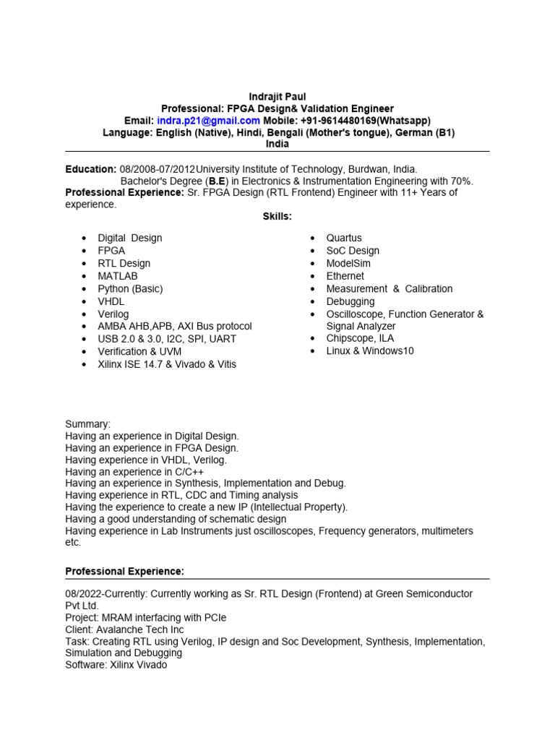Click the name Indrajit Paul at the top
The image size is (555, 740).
pyautogui.click(x=277, y=96)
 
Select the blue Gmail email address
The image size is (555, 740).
pyautogui.click(x=208, y=121)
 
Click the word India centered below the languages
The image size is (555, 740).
pyautogui.click(x=277, y=144)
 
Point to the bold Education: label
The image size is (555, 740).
pyautogui.click(x=91, y=168)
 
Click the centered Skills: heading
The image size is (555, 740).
pyautogui.click(x=277, y=216)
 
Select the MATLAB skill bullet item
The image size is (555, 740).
pyautogui.click(x=118, y=276)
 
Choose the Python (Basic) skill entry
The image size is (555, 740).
pyautogui.click(x=130, y=288)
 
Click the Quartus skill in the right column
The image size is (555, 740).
pyautogui.click(x=344, y=238)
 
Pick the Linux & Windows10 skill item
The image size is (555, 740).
pyautogui.click(x=370, y=350)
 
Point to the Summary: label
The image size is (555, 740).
pyautogui.click(x=88, y=424)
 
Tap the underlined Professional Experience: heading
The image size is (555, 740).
pyautogui.click(x=125, y=571)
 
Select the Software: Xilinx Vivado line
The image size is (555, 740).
pyautogui.click(x=116, y=664)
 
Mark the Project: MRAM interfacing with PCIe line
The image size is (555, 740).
pyautogui.click(x=145, y=617)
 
